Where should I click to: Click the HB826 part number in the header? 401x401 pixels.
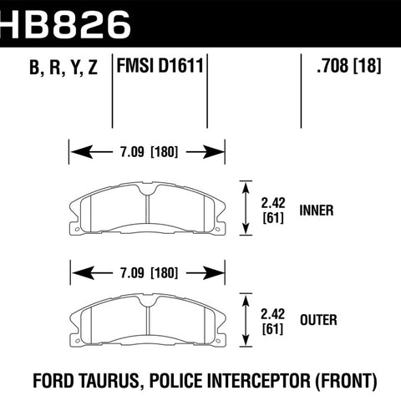coord(65,24)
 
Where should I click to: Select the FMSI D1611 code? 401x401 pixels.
coord(160,66)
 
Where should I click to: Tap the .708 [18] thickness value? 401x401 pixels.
coord(348,66)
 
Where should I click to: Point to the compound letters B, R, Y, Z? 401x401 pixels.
coord(63,67)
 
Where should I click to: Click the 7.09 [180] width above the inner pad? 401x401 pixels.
coord(149,152)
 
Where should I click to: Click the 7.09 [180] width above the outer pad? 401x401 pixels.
coord(149,272)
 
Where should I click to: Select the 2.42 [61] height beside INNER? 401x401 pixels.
coord(273,211)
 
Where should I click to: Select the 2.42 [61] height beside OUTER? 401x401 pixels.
coord(273,321)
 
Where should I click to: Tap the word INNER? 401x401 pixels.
coord(317,211)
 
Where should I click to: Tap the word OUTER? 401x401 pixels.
coord(318,320)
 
